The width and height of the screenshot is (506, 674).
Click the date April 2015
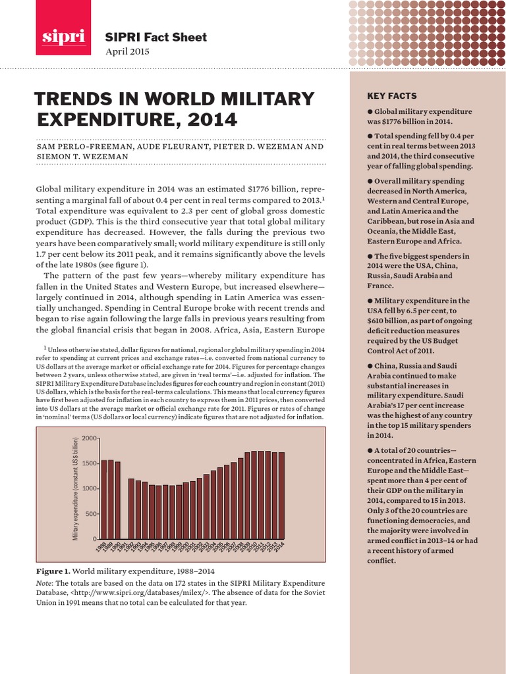tap(127, 51)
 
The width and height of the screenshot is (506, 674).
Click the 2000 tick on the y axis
tap(90, 438)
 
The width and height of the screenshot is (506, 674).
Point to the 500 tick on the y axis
tap(92, 514)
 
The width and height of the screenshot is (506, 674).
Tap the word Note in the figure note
tap(45, 583)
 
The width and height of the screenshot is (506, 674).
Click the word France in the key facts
tap(379, 286)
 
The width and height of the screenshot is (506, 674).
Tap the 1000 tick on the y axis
tap(90, 488)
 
